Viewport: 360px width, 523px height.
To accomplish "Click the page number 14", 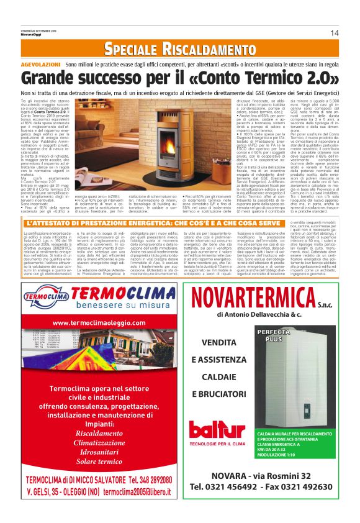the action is pos(334,33).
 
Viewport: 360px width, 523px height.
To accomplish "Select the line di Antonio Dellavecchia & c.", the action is pos(259,316).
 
